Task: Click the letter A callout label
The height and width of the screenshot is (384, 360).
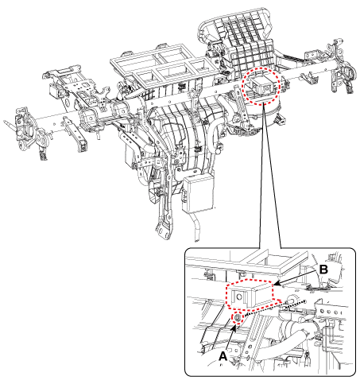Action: pos(223,356)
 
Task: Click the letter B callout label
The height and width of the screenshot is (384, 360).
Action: pos(323,270)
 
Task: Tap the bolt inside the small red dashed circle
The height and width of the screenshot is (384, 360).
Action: pos(238,318)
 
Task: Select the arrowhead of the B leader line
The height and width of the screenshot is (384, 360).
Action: pos(277,284)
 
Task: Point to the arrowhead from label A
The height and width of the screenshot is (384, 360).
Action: pos(234,328)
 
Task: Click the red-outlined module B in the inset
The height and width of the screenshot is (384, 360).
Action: pos(250,294)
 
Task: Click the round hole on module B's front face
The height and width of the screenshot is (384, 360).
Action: pos(239,297)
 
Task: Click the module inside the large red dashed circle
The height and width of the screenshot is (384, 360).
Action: pos(261,85)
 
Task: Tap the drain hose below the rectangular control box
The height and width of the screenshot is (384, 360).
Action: pos(196,227)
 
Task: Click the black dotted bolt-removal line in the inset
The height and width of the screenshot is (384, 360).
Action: pos(275,308)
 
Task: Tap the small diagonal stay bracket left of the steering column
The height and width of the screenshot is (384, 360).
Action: pos(74,134)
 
